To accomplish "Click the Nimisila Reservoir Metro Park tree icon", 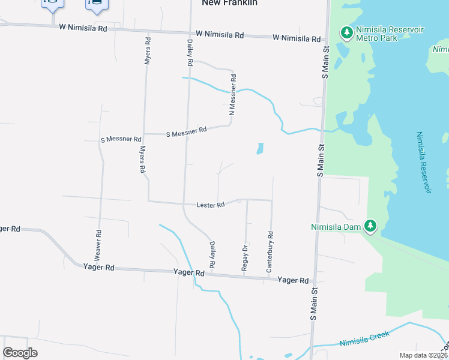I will [346, 32].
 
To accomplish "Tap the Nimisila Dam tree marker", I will [371, 226].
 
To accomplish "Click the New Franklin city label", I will [229, 3].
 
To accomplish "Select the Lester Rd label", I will [210, 205].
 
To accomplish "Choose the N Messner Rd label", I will [233, 95].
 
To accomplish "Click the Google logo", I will [20, 352].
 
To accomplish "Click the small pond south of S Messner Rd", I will [260, 148].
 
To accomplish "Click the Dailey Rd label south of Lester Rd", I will [212, 255].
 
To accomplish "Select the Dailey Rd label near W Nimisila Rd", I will [190, 53].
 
